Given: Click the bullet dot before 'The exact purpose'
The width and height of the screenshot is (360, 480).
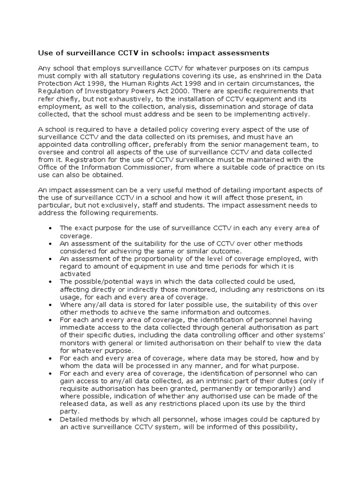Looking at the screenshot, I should pos(50,228).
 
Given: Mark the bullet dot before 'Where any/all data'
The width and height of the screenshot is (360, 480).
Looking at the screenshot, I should pos(50,304).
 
